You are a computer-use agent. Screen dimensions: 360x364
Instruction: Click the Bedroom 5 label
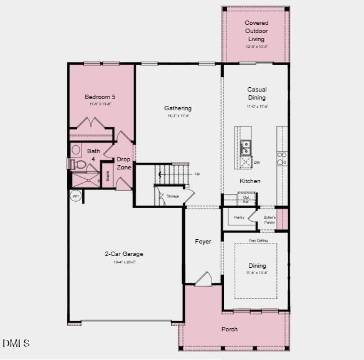pyautogui.click(x=100, y=97)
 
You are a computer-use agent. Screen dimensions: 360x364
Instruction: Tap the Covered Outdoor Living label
pyautogui.click(x=256, y=31)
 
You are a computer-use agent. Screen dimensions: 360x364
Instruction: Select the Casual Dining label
pyautogui.click(x=256, y=93)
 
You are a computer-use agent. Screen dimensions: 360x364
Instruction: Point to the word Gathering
pyautogui.click(x=178, y=108)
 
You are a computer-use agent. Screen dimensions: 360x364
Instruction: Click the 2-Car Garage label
pyautogui.click(x=124, y=254)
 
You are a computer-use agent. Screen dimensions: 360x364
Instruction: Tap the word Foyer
pyautogui.click(x=203, y=242)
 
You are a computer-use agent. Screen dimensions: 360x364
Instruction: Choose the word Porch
pyautogui.click(x=230, y=329)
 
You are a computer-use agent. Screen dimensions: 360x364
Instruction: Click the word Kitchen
pyautogui.click(x=251, y=181)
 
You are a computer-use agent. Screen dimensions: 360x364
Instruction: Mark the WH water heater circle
pyautogui.click(x=76, y=196)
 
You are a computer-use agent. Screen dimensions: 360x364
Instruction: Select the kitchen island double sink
pyautogui.click(x=245, y=148)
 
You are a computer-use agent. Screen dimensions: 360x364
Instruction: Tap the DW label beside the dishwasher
pyautogui.click(x=256, y=163)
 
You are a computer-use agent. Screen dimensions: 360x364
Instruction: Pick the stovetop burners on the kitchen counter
pyautogui.click(x=282, y=158)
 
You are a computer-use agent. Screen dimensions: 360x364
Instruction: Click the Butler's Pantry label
pyautogui.click(x=269, y=220)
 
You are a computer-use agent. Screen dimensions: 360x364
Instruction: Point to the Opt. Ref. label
pyautogui.click(x=246, y=199)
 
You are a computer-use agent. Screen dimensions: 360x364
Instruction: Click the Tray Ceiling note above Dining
pyautogui.click(x=258, y=240)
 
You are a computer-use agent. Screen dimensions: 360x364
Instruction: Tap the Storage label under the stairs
pyautogui.click(x=172, y=196)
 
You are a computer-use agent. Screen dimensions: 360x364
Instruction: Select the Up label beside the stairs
pyautogui.click(x=197, y=174)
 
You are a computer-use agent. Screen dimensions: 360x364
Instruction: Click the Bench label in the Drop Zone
pyautogui.click(x=108, y=176)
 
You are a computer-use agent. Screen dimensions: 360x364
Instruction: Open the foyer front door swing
pyautogui.click(x=204, y=279)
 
